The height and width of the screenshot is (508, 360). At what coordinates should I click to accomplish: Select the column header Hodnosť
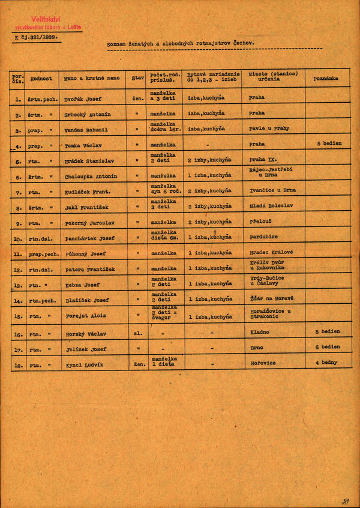pyautogui.click(x=42, y=78)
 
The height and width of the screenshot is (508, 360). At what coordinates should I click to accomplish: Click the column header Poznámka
pyautogui.click(x=326, y=78)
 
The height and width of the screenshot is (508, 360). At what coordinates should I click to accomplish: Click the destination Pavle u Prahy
pyautogui.click(x=269, y=129)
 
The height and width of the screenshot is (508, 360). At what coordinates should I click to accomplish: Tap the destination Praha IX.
pyautogui.click(x=263, y=160)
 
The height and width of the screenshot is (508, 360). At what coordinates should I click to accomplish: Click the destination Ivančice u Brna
pyautogui.click(x=272, y=191)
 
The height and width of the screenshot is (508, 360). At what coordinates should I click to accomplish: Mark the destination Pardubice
pyautogui.click(x=263, y=237)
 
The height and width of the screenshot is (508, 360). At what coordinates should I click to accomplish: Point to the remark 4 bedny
pyautogui.click(x=326, y=363)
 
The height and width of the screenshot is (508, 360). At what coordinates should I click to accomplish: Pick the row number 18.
pyautogui.click(x=18, y=364)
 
